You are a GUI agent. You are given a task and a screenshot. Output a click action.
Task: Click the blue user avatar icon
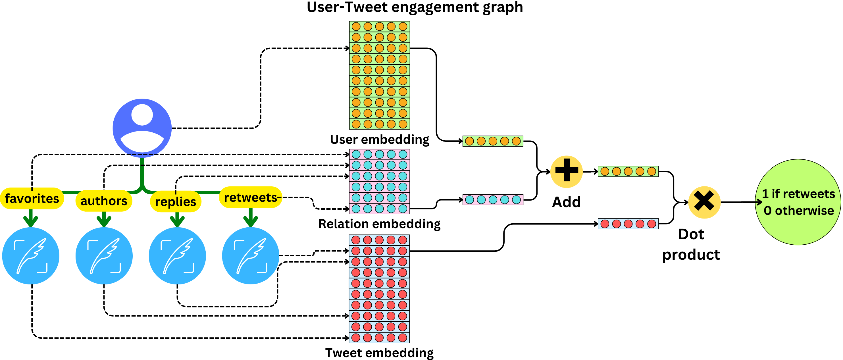point(142,128)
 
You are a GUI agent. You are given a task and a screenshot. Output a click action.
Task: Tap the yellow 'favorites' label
point(32,199)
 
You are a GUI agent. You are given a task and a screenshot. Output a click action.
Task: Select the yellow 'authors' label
point(104,201)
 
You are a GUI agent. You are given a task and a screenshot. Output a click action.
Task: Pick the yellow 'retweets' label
point(250,197)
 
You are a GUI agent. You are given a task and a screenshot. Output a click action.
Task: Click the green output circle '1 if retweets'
point(798,202)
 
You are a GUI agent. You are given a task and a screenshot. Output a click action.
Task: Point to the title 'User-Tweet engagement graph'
point(415,7)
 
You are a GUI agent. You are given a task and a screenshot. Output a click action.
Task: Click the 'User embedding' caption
point(379,140)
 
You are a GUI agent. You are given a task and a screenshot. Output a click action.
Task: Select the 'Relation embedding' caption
point(379,224)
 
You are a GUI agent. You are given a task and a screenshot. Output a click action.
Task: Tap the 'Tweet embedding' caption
point(379,353)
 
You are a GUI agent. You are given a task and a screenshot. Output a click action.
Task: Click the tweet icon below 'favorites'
point(31,256)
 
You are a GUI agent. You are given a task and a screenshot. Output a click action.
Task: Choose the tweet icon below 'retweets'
point(250,256)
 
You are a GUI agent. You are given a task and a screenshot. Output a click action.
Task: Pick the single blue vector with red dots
point(628,224)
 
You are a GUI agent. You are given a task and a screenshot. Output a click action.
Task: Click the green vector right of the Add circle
point(628,171)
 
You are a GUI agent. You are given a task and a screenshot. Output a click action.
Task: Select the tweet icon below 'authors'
point(104,256)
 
